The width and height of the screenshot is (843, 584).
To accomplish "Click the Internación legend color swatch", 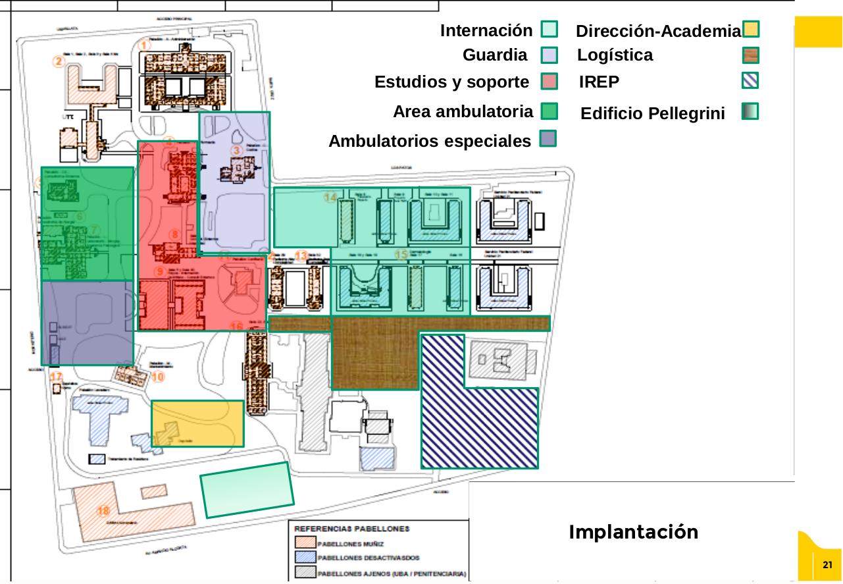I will [549, 30].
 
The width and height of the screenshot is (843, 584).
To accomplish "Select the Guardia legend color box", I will [549, 55].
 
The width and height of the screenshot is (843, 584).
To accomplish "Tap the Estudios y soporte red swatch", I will [549, 82].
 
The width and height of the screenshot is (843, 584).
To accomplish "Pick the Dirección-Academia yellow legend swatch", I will [750, 30].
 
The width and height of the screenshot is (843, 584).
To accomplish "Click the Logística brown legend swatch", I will [750, 55].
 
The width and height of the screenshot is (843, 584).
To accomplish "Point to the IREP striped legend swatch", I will [750, 80].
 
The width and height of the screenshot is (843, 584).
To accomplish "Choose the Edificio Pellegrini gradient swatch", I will [750, 111].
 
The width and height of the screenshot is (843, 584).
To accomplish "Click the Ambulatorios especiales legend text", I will [429, 141].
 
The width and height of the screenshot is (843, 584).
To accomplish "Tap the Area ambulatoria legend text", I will [463, 112].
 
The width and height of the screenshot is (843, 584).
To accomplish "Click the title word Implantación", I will [633, 532].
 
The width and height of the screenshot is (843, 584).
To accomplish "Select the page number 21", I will [827, 565].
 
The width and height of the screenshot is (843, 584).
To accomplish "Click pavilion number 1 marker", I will [145, 45].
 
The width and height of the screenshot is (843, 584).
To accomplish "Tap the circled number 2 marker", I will [59, 62].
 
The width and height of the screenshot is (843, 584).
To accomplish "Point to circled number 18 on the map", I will [103, 511].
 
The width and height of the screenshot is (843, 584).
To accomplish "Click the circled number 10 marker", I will [157, 377].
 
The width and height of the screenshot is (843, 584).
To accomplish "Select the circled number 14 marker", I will [330, 197].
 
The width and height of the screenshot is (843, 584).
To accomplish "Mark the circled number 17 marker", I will [57, 377].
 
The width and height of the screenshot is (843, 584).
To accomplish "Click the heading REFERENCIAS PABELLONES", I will [351, 529].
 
